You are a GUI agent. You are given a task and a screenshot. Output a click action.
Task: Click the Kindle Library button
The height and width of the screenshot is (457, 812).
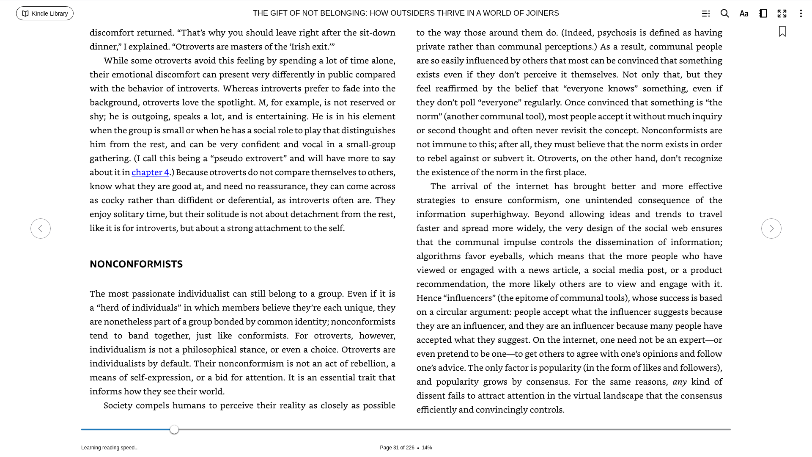click(45, 14)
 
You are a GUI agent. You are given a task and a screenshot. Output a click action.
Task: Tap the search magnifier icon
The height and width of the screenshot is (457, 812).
click(724, 14)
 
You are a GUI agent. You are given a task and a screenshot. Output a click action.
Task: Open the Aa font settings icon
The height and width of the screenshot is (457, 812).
click(743, 14)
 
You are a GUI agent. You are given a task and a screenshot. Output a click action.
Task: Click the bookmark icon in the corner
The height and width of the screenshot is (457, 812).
click(782, 32)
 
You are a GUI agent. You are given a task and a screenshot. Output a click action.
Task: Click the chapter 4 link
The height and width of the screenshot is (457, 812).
click(150, 172)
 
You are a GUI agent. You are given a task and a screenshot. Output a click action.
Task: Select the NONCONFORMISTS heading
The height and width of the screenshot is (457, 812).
click(136, 264)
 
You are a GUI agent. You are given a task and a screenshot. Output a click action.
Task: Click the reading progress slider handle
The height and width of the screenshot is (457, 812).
click(174, 429)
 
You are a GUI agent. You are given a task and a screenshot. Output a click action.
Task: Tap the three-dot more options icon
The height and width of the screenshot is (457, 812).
click(801, 14)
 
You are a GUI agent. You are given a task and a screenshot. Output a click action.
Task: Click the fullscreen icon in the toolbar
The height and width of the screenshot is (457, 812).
click(782, 14)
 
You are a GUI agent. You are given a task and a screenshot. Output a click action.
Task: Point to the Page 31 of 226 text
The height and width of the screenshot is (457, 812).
click(397, 448)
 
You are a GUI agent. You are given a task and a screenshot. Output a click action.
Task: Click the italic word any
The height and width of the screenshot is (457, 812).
click(679, 382)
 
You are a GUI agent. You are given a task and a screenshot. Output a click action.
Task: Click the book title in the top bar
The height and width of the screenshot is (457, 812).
click(406, 13)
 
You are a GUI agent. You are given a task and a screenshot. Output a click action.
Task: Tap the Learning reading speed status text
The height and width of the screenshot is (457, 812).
click(110, 448)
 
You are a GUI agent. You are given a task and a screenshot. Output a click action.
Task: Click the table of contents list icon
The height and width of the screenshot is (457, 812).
click(705, 14)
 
